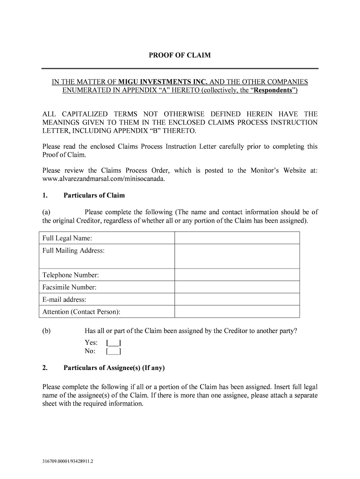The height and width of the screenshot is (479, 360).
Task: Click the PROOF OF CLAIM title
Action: click(180, 55)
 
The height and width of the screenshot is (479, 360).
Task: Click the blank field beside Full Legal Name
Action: click(237, 238)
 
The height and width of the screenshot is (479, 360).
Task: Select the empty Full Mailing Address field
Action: click(237, 256)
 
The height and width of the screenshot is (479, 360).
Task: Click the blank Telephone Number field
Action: click(237, 275)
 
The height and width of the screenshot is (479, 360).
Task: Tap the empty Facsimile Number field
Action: click(237, 287)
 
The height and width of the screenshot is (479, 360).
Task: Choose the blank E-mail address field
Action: click(237, 299)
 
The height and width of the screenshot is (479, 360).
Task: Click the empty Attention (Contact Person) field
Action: click(237, 312)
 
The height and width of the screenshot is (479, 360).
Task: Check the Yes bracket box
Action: click(114, 343)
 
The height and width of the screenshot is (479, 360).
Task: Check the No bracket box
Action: click(114, 351)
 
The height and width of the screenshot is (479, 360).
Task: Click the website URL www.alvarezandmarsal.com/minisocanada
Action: click(104, 179)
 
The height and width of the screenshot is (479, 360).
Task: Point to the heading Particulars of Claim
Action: click(94, 195)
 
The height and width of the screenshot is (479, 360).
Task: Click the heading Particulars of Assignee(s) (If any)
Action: click(114, 368)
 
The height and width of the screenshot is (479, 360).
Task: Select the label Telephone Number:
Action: click(71, 275)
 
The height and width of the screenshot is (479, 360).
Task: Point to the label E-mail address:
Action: click(64, 299)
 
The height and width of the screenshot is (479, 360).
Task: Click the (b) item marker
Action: click(46, 331)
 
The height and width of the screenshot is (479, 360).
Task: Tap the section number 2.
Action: click(45, 368)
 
